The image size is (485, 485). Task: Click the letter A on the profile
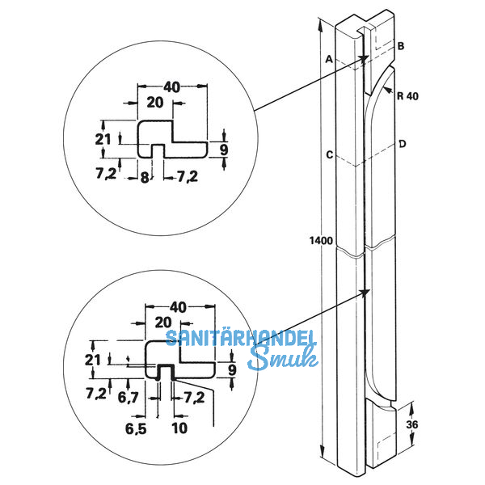pos(329,59)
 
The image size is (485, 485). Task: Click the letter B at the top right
pos(401,47)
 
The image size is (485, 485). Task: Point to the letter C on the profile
pos(329,154)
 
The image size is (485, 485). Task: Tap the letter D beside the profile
pos(401,144)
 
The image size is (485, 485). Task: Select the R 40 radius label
pos(408,95)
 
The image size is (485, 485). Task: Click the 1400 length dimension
pos(321,241)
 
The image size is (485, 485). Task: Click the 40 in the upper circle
pos(171,86)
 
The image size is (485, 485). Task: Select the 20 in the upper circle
pos(154,102)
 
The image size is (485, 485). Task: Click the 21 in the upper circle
pos(102,139)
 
